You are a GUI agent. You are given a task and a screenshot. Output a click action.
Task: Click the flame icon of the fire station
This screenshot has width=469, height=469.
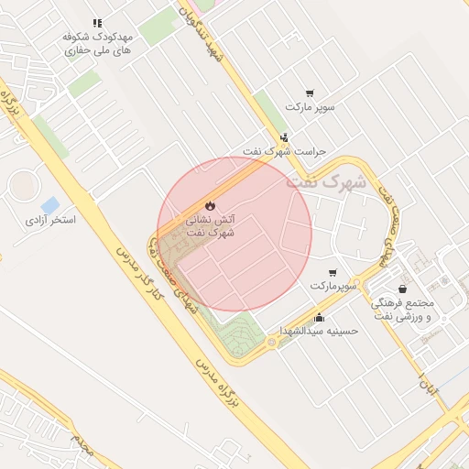(x=210, y=205)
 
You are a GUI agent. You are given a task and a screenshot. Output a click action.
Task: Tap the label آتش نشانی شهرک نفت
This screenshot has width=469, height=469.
(x=211, y=226)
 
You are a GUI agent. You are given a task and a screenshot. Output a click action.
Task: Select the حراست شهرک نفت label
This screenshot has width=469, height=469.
(x=284, y=150)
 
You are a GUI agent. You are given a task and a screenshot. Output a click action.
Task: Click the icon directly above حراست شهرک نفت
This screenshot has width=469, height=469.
(x=284, y=137)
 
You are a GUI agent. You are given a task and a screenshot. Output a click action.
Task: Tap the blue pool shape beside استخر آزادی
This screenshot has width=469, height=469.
(x=50, y=205)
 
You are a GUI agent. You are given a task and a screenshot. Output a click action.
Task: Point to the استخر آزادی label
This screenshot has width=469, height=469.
(x=50, y=221)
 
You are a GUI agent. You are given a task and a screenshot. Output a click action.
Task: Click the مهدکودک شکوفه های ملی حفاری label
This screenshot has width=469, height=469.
(x=98, y=44)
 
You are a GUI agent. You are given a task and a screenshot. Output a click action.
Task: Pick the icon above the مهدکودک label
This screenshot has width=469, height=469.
(x=98, y=23)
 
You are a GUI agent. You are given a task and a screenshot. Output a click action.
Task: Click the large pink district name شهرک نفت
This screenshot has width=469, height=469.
(x=325, y=181)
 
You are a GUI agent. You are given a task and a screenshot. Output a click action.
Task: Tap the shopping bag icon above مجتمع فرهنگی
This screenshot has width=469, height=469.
(x=403, y=289)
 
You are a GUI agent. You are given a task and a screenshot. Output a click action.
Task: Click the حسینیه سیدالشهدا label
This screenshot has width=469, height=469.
(x=319, y=330)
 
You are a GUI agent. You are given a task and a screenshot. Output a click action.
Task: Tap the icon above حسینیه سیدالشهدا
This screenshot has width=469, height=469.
(x=319, y=317)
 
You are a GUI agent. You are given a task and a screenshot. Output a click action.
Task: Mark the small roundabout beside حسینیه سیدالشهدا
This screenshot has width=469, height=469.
(x=271, y=344)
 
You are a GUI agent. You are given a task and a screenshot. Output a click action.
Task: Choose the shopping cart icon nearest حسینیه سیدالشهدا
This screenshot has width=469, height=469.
(x=332, y=273)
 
